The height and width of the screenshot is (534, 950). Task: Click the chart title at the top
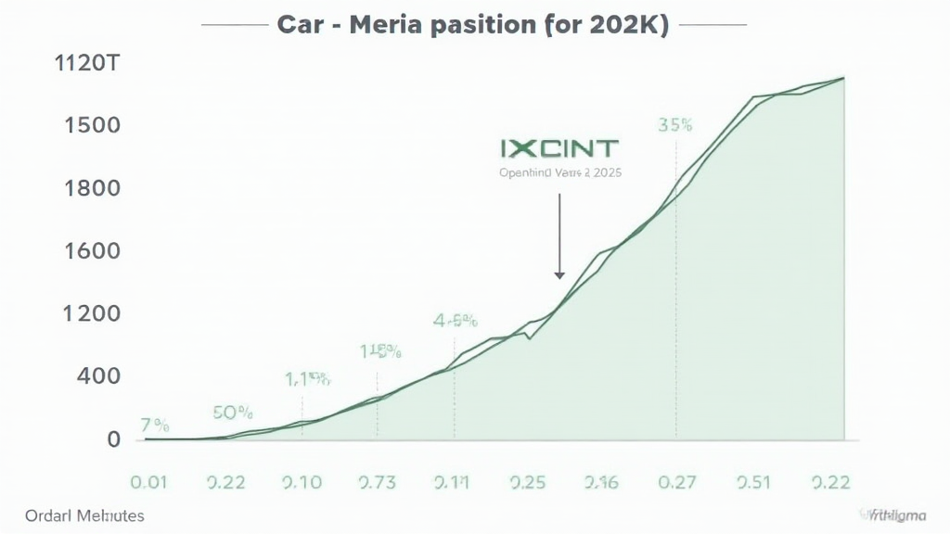pos(473,25)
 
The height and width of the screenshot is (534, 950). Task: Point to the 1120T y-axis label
pos(87,66)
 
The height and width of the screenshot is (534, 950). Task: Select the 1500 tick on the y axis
pos(93,125)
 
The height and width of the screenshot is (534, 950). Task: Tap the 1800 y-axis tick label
pos(93,188)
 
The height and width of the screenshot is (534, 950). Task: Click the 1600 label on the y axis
pos(93,250)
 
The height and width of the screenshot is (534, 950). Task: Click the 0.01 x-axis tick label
pos(150,482)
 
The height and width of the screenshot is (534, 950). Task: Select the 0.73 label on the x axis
pos(377,482)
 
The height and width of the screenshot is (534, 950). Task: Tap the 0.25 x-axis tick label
pos(527,482)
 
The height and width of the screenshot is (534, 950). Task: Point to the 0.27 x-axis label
pos(676,482)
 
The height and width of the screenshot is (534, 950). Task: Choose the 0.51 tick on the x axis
pos(752,482)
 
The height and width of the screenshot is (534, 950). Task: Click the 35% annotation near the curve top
pos(674,125)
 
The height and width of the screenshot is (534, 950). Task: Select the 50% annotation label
pos(233,412)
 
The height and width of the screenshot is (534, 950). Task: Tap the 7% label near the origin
pos(155,426)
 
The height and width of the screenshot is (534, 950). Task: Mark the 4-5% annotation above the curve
pos(455,322)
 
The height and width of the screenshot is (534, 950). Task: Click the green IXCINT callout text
pos(558,148)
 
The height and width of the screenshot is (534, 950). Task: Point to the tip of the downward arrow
pos(559,276)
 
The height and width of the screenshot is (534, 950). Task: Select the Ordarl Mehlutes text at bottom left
pos(85,515)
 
